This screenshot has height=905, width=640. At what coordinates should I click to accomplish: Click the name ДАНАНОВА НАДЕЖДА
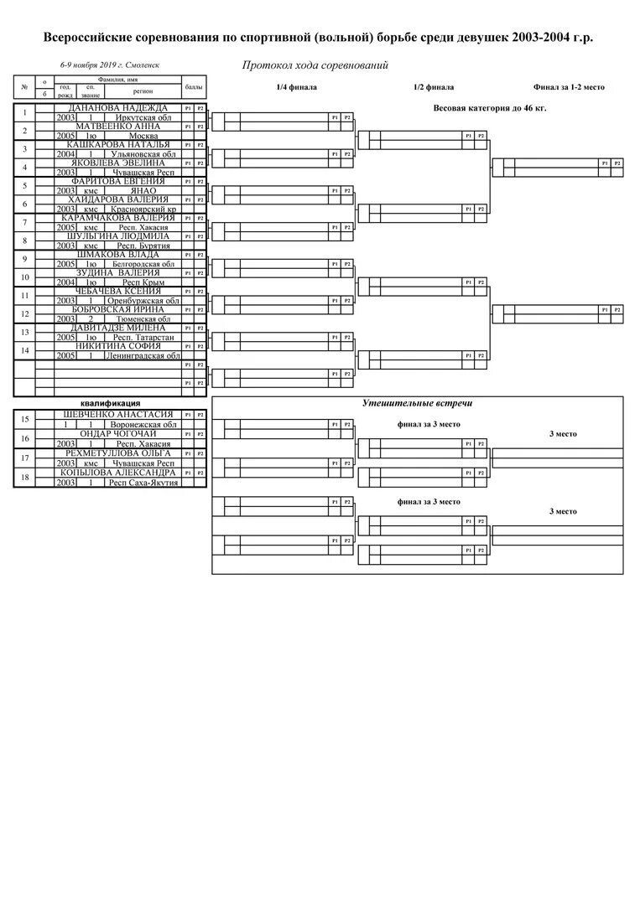pos(117,108)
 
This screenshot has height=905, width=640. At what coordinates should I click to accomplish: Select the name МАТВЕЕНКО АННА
pos(117,127)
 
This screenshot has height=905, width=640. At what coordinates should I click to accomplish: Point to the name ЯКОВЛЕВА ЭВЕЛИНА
pos(117,163)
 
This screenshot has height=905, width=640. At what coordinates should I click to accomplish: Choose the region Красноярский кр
pos(143,209)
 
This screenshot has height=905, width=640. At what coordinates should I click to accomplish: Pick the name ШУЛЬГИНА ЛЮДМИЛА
pos(117,236)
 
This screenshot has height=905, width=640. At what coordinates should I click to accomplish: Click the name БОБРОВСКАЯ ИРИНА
pos(117,309)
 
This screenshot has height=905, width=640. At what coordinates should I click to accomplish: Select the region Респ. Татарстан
pos(142,337)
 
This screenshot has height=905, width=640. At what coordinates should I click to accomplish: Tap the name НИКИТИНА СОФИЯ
pos(117,346)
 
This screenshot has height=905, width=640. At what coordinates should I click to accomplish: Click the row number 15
pos(24,419)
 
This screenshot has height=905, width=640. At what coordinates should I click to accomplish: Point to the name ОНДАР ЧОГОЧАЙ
pos(117,433)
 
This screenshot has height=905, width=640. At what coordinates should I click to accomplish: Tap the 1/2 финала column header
pos(434,87)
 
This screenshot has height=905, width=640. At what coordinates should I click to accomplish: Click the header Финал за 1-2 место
pos(569,87)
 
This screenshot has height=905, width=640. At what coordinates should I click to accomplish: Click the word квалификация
pos(110,403)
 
